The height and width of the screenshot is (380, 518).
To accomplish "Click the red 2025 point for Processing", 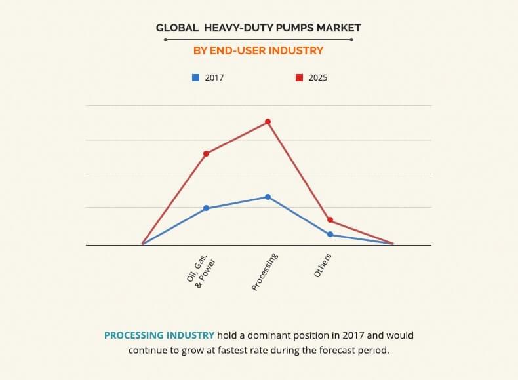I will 268,122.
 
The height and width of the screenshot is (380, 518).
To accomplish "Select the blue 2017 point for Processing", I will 268,197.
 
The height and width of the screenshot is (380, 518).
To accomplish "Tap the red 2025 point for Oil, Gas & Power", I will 206,153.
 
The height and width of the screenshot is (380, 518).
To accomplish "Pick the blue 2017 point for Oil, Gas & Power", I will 206,208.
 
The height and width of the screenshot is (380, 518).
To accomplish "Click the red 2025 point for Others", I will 330,220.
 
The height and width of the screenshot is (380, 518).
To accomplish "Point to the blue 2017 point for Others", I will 330,234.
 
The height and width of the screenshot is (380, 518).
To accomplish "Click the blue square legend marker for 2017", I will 195,77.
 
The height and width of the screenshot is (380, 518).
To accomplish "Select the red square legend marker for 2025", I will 299,77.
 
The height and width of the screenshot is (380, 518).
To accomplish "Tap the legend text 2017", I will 214,77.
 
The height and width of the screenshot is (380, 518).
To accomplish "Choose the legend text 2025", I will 318,77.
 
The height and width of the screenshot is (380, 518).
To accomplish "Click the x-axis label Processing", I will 266,271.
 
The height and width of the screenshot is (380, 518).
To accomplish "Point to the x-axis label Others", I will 323,265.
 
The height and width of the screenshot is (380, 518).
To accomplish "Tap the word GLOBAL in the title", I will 178,28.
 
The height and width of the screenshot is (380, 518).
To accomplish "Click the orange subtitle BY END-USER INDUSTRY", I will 258,50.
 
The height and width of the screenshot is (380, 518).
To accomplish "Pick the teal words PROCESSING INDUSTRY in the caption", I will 159,335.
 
